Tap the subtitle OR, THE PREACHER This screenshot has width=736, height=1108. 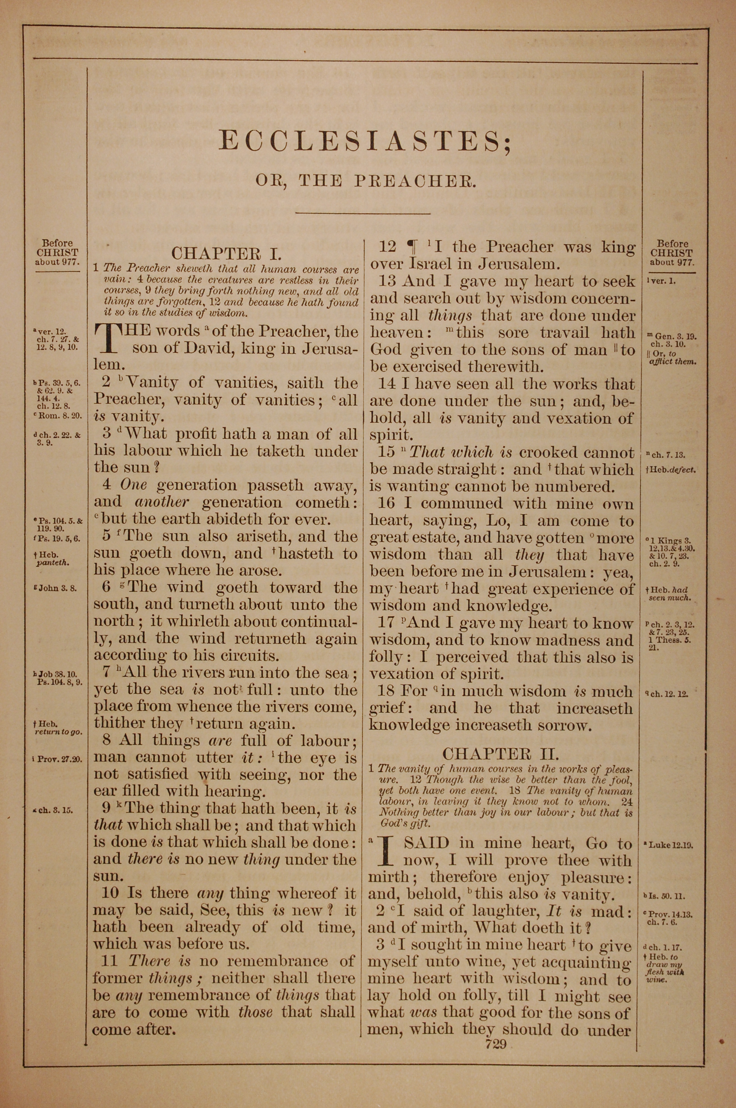(x=365, y=181)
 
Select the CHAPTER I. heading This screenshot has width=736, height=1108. (x=226, y=254)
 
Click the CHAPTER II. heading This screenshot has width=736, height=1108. (x=500, y=754)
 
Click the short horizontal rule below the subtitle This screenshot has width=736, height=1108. (x=363, y=214)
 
